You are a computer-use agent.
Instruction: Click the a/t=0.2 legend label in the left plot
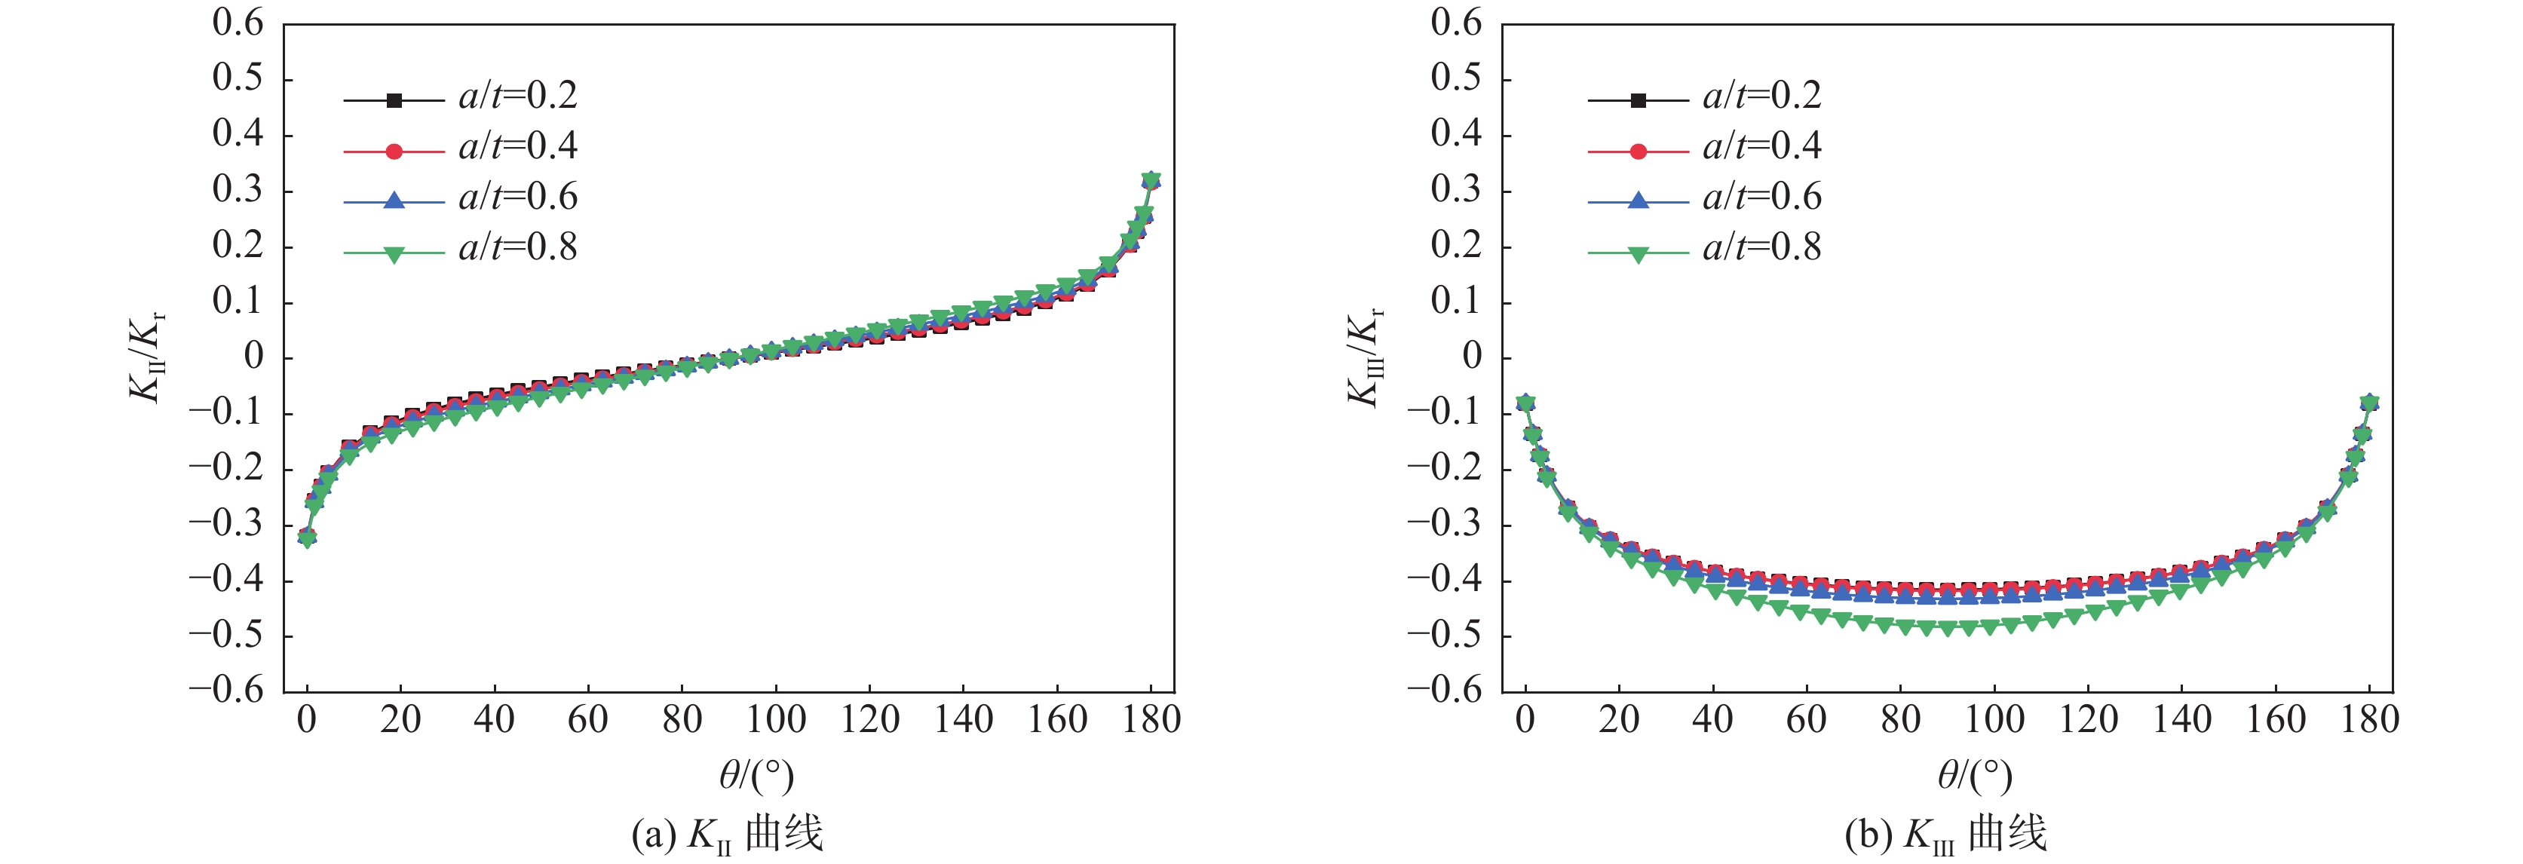tap(518, 96)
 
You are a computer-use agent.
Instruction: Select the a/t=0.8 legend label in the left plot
tap(518, 248)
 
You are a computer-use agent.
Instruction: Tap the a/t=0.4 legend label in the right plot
tap(1762, 147)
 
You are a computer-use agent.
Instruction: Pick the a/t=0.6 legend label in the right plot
tap(1762, 198)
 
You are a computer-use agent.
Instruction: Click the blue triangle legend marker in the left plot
tap(394, 201)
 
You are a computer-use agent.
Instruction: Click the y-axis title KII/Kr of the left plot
tap(147, 357)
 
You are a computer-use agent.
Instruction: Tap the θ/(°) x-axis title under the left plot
tap(756, 776)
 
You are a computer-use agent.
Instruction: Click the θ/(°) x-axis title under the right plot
tap(1975, 776)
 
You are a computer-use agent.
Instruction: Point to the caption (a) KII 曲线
tap(727, 835)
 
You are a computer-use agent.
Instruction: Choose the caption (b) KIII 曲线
tap(1945, 835)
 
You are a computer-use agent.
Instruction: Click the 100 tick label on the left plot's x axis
tap(776, 721)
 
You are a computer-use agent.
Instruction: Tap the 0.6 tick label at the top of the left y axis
tap(238, 23)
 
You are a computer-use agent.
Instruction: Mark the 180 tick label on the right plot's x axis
tap(2369, 721)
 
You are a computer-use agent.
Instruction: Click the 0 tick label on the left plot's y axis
tap(253, 357)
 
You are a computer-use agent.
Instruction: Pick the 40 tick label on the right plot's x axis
tap(1712, 721)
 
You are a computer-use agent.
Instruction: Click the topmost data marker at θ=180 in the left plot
tap(1152, 180)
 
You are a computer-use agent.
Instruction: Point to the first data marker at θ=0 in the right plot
tap(1525, 403)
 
